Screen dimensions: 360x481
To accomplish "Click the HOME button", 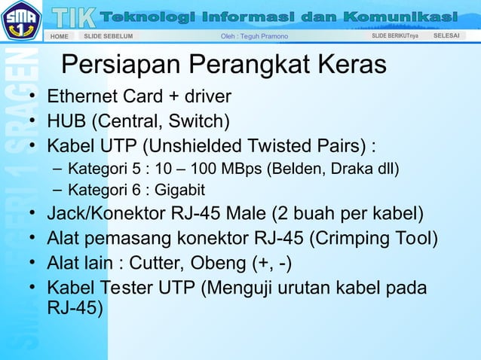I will (x=59, y=36).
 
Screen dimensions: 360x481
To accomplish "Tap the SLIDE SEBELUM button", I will (x=108, y=36).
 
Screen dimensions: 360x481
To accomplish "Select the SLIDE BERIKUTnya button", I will (x=395, y=36).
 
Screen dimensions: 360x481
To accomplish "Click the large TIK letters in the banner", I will (x=75, y=16).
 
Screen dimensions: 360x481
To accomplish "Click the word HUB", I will (x=67, y=121).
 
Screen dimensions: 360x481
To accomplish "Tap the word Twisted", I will (x=256, y=145).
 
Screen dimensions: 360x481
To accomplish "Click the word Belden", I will (x=305, y=167).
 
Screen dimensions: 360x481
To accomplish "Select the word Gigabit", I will (x=179, y=190).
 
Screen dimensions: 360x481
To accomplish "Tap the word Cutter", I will (x=155, y=264).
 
